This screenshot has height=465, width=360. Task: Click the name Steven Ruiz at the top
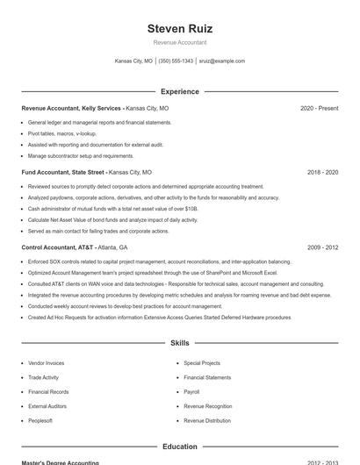tap(180, 28)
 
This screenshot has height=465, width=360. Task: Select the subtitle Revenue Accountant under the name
tap(180, 42)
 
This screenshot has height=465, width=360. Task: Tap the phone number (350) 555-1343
tap(176, 61)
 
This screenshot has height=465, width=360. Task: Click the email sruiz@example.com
tap(222, 61)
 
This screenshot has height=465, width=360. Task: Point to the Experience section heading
tap(180, 91)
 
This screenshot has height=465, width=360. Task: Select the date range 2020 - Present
tap(319, 108)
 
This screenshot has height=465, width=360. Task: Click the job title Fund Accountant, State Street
tap(63, 173)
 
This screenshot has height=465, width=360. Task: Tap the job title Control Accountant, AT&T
tap(58, 248)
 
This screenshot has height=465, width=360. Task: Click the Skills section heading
tap(180, 342)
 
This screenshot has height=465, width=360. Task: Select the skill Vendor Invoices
tap(46, 362)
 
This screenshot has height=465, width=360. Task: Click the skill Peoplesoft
tap(40, 421)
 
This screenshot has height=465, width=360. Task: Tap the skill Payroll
tap(191, 392)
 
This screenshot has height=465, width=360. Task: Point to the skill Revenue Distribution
tap(207, 421)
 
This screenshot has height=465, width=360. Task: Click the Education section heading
tap(180, 447)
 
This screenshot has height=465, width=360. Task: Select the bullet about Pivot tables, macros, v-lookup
tap(62, 133)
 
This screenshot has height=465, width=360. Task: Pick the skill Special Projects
tap(202, 362)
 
